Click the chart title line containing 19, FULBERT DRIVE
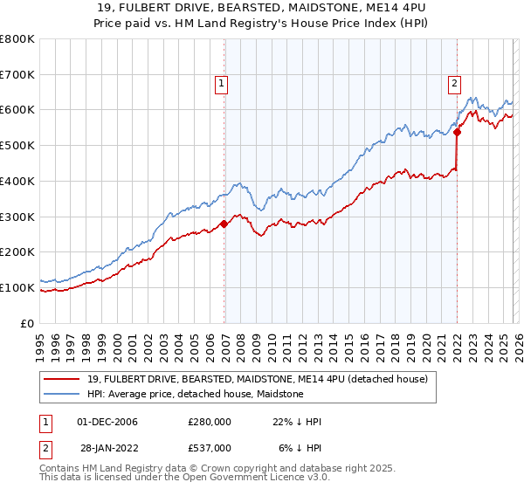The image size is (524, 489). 262,8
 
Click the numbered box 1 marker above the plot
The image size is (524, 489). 221,85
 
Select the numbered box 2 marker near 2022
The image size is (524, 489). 455,85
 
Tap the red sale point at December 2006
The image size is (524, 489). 224,224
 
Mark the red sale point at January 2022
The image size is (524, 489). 457,133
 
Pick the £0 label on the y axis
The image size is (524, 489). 28,323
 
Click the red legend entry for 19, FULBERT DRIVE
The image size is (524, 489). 257,379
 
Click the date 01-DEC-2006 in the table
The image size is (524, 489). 107,422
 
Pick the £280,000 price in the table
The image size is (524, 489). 210,422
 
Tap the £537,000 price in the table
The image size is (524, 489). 210,448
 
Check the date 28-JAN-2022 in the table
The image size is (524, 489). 107,448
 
